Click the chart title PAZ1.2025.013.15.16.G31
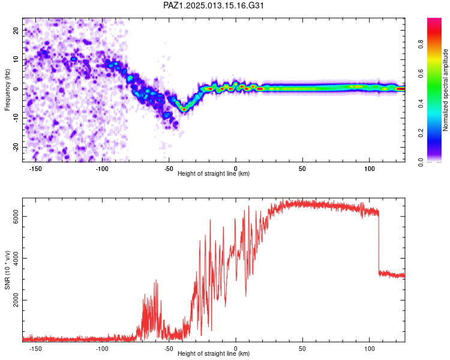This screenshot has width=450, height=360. pos(214,5)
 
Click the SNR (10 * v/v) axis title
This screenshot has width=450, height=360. pos(7,270)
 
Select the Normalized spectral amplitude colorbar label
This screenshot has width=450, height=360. pos(446,90)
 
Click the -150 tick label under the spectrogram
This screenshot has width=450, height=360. pos(35,168)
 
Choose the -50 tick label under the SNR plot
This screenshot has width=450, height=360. pos(169,348)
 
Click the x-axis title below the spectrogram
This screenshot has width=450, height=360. pos(214,173)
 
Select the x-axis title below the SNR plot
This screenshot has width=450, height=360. pos(214,353)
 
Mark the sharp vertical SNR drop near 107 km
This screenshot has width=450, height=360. pos(379,243)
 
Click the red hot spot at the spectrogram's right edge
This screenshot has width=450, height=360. pos(400,89)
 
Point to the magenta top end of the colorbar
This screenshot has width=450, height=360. pos(434,20)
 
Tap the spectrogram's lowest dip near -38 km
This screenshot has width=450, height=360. pos(184,109)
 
